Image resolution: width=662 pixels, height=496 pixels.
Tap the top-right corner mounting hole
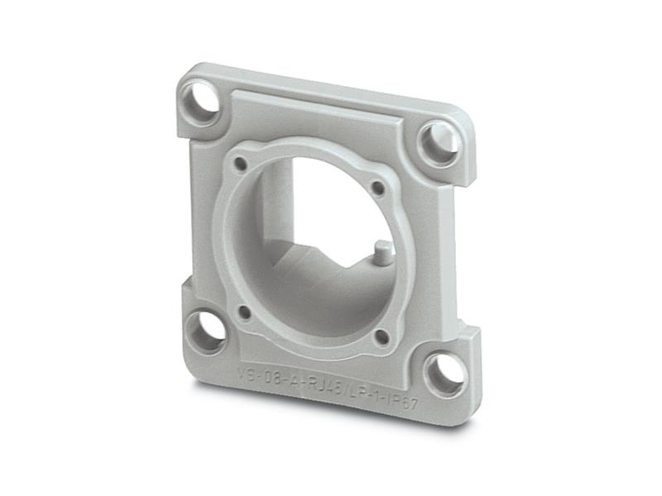(439, 142)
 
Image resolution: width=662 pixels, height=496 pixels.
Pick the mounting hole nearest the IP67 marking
(444, 374)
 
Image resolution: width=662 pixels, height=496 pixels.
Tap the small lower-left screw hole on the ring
(243, 312)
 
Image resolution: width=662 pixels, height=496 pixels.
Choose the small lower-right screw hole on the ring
(381, 336)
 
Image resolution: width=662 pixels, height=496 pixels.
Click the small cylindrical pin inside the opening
(379, 249)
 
